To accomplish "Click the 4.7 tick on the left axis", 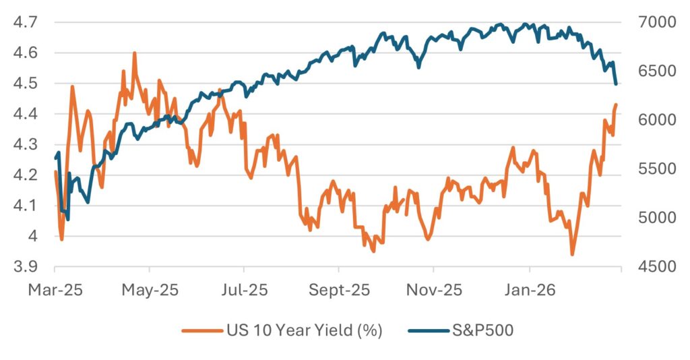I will point(25,23).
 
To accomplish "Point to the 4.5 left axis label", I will point(25,84).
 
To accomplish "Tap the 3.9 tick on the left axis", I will point(25,267).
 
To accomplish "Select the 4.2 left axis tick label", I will point(25,175).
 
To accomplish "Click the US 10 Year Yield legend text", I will point(303,331).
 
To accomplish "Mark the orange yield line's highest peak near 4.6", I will point(135,53).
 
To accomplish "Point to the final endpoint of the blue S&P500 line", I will point(617,84).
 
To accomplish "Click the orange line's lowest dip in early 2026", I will point(573,254).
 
